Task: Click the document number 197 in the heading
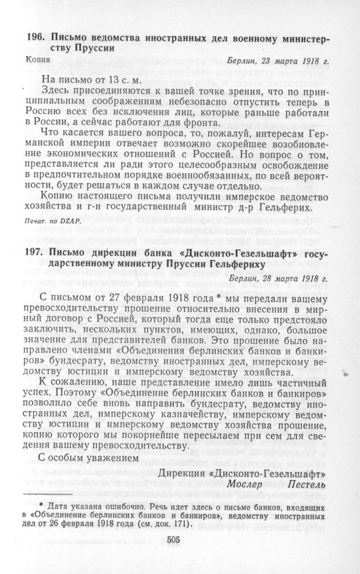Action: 35,252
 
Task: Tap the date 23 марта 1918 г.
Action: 291,60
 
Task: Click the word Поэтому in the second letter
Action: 95,393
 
